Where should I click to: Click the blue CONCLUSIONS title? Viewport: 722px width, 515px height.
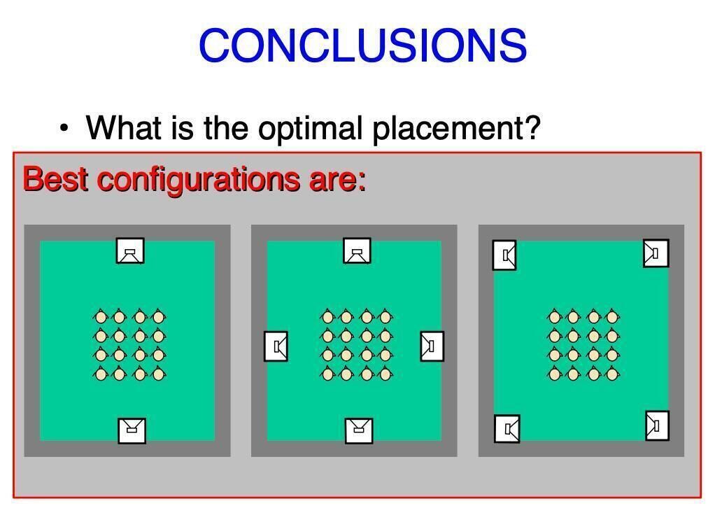(x=363, y=45)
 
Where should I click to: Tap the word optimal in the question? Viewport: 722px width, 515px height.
(x=310, y=128)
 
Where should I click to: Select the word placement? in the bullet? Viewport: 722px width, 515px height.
(x=456, y=128)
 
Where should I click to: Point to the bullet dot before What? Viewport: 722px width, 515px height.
(x=64, y=128)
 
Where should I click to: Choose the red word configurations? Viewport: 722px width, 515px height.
(x=199, y=181)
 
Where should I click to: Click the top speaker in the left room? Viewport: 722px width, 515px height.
(x=130, y=251)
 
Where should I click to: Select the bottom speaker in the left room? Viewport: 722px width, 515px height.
(x=132, y=431)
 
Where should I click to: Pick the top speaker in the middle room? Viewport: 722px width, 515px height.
(x=358, y=251)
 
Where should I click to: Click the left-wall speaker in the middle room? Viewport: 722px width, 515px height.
(x=276, y=346)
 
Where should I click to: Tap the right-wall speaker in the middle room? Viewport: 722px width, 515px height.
(x=432, y=346)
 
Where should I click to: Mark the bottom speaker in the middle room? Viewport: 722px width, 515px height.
(x=359, y=431)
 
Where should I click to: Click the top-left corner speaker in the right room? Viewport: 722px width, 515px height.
(x=504, y=255)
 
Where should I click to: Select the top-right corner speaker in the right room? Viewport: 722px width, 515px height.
(x=656, y=253)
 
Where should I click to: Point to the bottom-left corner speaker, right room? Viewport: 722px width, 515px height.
(x=507, y=429)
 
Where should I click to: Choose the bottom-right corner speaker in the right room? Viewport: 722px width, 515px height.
(x=657, y=425)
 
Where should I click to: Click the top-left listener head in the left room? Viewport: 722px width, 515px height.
(x=100, y=316)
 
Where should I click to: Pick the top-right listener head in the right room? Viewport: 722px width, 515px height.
(x=612, y=316)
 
